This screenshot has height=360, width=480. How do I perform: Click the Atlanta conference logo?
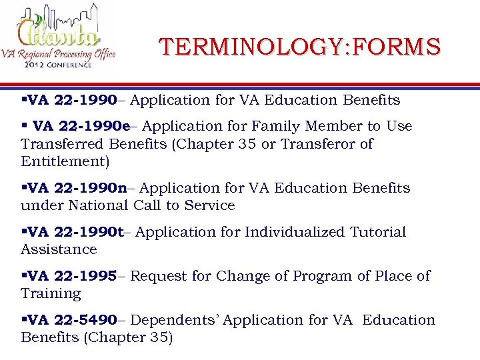59,38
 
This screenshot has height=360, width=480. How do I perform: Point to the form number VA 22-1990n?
78,188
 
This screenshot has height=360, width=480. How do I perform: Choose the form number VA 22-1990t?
77,232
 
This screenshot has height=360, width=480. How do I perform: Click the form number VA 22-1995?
73,276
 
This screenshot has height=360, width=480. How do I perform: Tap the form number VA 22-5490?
73,320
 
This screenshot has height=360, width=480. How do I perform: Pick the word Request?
157,276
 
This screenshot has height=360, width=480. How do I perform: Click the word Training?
51,293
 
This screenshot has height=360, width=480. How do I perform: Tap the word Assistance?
59,249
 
